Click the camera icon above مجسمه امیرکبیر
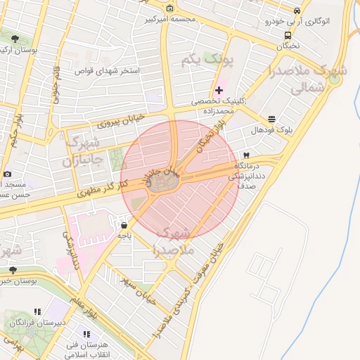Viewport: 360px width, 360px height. point(169,8)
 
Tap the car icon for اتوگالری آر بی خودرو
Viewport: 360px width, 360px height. point(297,11)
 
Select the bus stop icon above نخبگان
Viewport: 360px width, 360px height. point(288,34)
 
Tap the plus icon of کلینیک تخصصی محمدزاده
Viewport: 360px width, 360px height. point(219,90)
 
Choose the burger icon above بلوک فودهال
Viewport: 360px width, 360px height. point(272,119)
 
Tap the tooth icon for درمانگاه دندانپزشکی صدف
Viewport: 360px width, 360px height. point(246,155)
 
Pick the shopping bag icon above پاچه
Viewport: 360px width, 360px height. point(124,226)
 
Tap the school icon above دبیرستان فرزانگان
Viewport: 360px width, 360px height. point(37,311)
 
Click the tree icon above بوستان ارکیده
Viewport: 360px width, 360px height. point(15,39)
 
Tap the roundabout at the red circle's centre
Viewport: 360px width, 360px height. point(164,183)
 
